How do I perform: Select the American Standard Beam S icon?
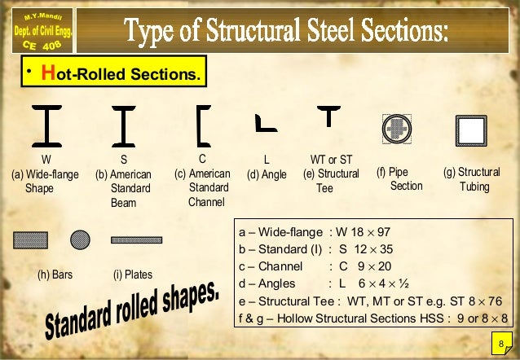(124, 125)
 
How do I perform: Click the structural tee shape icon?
(328, 116)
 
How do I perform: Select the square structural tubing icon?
(471, 129)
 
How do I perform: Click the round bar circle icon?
(80, 239)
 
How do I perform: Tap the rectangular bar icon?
(30, 239)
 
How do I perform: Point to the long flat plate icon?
(136, 240)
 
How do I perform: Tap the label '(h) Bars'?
(55, 274)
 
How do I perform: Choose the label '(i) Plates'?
(133, 274)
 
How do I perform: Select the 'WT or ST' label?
(331, 159)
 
